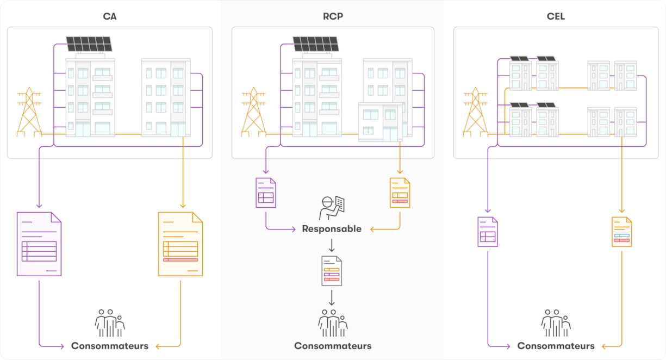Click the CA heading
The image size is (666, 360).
[110, 16]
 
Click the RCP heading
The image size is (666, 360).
[333, 16]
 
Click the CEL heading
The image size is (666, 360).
[556, 16]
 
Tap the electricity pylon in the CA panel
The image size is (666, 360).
[29, 113]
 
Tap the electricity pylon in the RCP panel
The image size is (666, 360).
[254, 113]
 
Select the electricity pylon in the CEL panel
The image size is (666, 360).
[475, 113]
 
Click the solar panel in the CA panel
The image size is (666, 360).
[90, 44]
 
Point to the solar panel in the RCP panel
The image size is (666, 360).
[316, 44]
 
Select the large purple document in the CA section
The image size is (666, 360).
[39, 244]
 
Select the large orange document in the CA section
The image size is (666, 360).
[180, 244]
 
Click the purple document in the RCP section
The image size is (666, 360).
[266, 193]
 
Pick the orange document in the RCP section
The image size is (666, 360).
[400, 193]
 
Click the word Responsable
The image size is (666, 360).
[332, 229]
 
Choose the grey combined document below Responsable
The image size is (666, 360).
[332, 271]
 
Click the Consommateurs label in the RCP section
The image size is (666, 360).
[333, 346]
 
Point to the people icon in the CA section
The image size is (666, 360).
[110, 323]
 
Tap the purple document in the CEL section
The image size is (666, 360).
[488, 232]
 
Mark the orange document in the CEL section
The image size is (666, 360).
[622, 232]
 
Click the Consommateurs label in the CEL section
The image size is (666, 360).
[556, 346]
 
